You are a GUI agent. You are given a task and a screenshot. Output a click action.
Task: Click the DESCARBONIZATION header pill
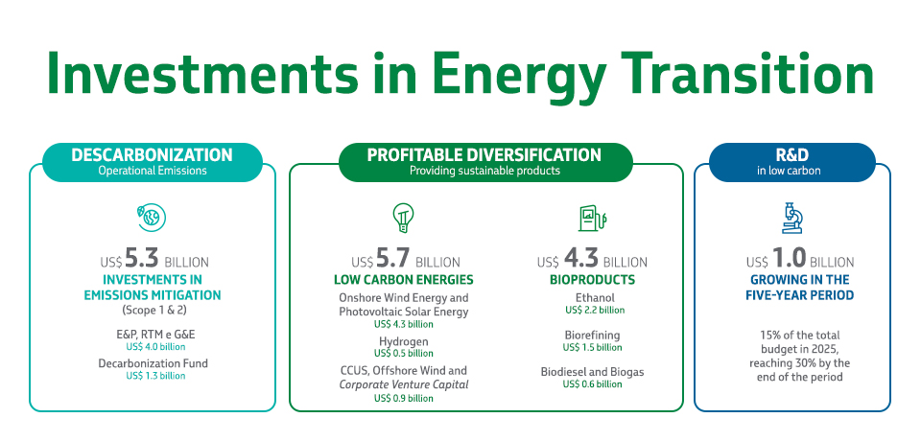pos(152,161)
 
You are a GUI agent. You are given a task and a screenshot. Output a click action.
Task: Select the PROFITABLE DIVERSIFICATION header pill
pos(484,161)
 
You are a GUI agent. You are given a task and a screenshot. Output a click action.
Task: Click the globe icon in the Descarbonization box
pos(152,218)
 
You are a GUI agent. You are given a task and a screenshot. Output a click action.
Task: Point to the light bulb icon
pos(402,218)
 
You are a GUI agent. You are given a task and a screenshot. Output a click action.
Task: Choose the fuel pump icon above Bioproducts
pos(590,219)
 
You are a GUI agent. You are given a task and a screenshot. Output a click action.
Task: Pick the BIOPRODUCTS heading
pos(592,280)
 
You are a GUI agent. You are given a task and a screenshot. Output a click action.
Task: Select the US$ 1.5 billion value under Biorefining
pos(593,347)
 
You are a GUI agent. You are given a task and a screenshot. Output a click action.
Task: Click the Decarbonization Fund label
pos(153,363)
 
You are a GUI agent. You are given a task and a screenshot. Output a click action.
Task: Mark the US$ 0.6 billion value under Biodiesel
pos(593,384)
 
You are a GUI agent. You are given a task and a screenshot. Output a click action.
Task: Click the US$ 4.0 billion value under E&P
pos(153,346)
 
